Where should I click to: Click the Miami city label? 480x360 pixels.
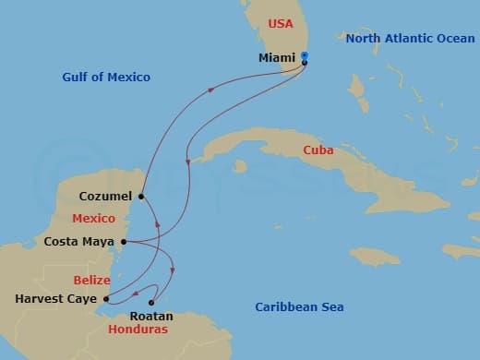[x=280, y=57]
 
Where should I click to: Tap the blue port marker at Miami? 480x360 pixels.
[x=305, y=56]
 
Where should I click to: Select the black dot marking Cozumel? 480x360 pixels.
[x=140, y=196]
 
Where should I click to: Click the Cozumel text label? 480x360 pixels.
[x=105, y=196]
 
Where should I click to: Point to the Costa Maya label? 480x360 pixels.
[x=79, y=242]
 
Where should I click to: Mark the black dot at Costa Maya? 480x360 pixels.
[x=122, y=243]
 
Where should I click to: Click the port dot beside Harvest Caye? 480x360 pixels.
[x=106, y=298]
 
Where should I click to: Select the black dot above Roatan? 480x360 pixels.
[x=152, y=302]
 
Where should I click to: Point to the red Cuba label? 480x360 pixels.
[x=319, y=150]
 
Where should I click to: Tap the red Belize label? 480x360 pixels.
[x=92, y=280]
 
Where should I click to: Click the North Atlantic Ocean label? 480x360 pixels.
[x=408, y=38]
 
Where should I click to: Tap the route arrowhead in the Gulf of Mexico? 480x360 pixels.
[x=211, y=90]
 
